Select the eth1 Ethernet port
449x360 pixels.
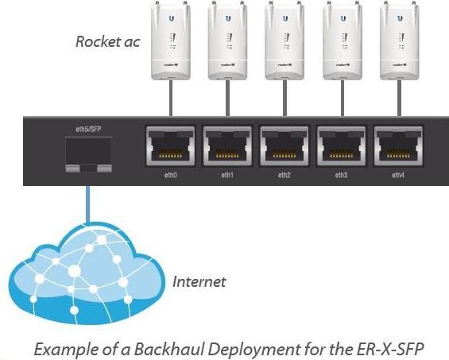coord(227,145)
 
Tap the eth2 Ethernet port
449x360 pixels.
coord(284,145)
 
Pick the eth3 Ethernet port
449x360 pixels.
coord(342,145)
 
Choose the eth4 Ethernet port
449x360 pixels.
coord(399,145)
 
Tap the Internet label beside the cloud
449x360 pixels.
coord(199,281)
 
